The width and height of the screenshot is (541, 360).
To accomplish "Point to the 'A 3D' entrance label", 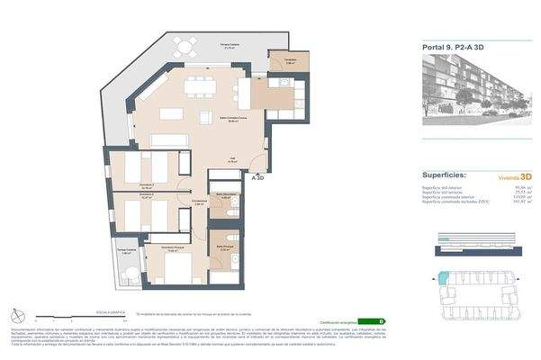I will pyautogui.click(x=259, y=177).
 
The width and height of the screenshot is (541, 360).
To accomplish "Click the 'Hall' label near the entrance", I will pyautogui.click(x=230, y=160).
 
